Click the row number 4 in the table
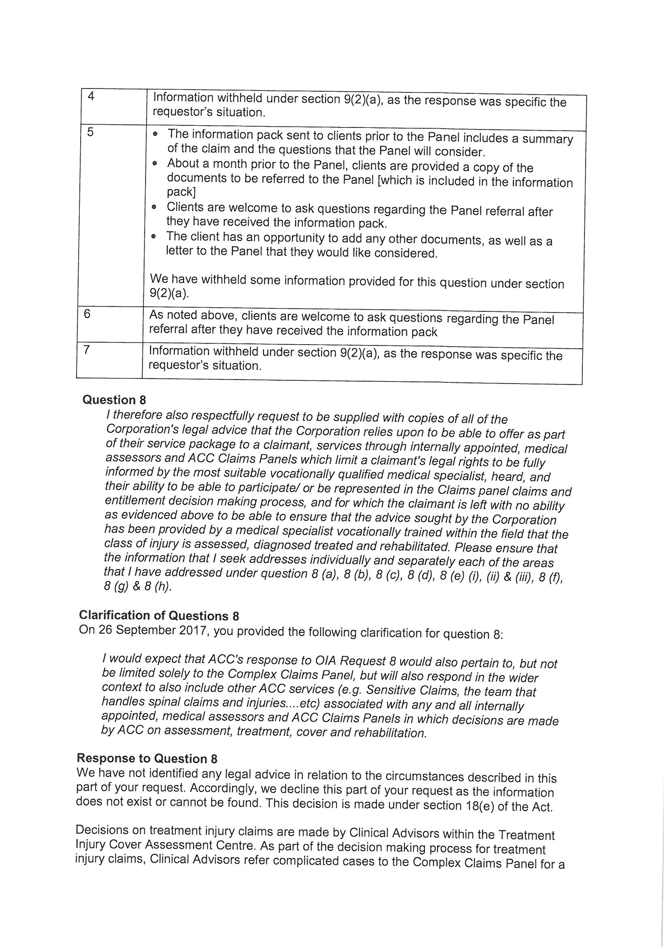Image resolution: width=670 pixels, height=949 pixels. point(91,96)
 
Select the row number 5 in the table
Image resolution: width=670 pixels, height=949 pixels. point(90,132)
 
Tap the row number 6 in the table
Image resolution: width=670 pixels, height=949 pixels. point(87,314)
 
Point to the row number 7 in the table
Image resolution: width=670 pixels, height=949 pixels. point(86,349)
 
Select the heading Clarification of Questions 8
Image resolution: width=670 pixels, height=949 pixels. point(158,615)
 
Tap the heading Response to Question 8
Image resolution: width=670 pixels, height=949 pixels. point(147,759)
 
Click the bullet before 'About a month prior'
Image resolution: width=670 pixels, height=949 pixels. point(154,164)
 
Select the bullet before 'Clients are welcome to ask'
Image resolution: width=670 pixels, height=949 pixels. point(154,207)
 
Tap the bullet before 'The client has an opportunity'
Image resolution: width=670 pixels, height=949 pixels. point(154,236)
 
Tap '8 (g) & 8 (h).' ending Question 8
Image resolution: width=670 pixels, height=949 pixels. point(137,587)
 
